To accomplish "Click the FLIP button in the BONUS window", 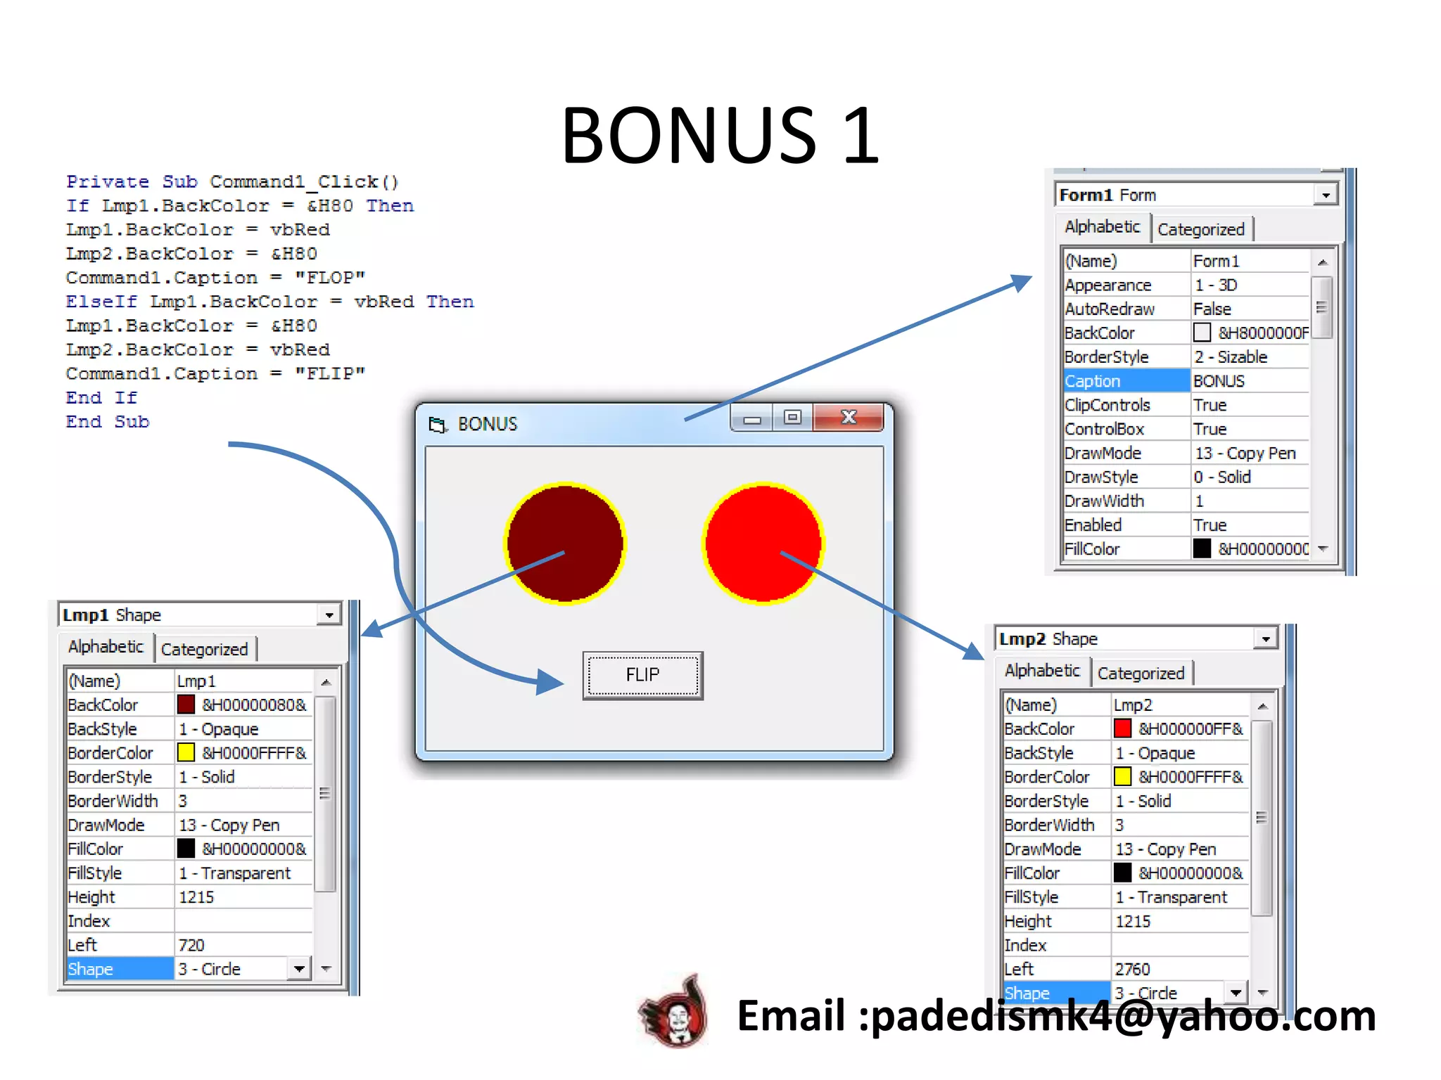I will click(x=642, y=675).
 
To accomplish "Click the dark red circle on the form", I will click(x=565, y=543).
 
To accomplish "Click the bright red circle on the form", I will click(x=763, y=543).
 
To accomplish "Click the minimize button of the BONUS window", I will click(x=752, y=419).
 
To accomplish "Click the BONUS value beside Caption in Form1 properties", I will click(x=1219, y=381).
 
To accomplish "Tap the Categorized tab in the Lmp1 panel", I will click(x=205, y=649).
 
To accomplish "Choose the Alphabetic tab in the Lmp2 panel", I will click(x=1042, y=671).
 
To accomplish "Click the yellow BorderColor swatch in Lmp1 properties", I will click(x=186, y=753).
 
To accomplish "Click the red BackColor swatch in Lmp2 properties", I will click(x=1122, y=729).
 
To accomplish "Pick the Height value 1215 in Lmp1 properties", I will click(x=197, y=897).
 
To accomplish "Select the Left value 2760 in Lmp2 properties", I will click(x=1133, y=970).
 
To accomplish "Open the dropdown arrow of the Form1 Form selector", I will click(x=1326, y=195).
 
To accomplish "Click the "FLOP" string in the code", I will click(x=330, y=278).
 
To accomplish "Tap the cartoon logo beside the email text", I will click(x=674, y=1012).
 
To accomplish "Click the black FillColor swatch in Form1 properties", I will click(x=1202, y=548).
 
